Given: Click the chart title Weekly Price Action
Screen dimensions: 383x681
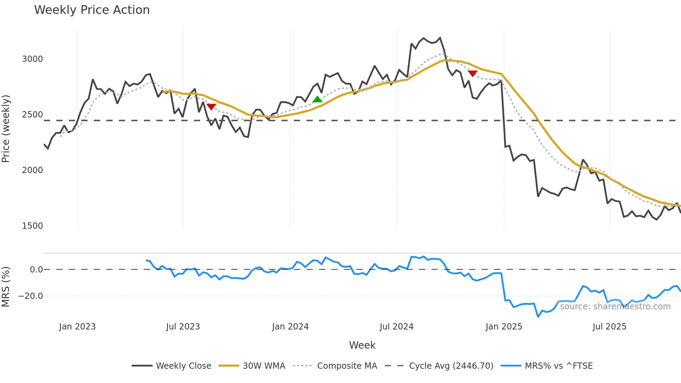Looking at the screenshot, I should click(x=92, y=10).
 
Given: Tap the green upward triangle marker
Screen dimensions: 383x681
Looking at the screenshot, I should click(x=317, y=99).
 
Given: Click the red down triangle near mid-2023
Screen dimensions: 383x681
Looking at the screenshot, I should click(x=211, y=106).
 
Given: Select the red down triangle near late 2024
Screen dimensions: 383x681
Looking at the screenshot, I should click(x=473, y=73).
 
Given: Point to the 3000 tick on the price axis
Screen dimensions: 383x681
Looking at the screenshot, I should click(x=32, y=59).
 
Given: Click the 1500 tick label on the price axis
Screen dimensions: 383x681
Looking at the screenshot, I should click(x=32, y=226).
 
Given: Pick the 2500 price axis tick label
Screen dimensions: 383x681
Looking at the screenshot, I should click(x=32, y=115).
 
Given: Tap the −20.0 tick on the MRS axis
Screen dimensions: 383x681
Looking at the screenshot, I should click(x=31, y=296).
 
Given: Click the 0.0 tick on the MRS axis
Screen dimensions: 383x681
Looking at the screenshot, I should click(x=36, y=270).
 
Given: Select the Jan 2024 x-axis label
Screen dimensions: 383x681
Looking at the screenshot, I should click(x=290, y=327).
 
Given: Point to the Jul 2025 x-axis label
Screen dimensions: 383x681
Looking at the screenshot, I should click(x=609, y=327).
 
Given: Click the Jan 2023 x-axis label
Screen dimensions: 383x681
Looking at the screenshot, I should click(x=77, y=327).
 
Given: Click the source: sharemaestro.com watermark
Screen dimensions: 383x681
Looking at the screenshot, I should click(x=615, y=307).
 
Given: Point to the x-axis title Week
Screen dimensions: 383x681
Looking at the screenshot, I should click(x=362, y=345).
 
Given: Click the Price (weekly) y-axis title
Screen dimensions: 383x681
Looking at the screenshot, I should click(x=6, y=129).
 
